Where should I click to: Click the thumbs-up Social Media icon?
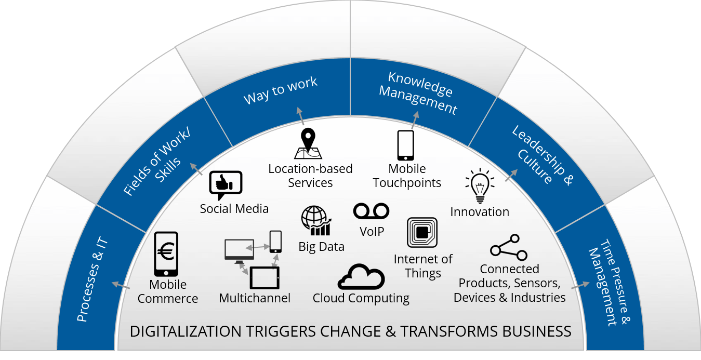pos(226,184)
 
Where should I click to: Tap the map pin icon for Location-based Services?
pos(308,143)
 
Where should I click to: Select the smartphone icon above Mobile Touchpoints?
pos(405,145)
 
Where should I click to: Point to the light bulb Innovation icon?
pos(480,186)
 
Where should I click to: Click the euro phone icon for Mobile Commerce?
pos(166,254)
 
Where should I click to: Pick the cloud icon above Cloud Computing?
pos(361,277)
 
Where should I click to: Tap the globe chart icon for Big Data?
pos(316,220)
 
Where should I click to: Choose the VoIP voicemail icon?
pos(371,211)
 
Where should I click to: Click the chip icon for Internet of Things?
pos(422,232)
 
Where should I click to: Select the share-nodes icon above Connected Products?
pos(509,247)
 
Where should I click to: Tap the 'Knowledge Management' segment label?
pos(418,93)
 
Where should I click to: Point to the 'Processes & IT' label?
pos(92,279)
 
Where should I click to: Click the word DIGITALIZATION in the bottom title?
pos(186,331)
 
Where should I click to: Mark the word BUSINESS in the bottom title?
pos(537,331)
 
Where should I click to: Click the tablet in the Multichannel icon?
pos(264,278)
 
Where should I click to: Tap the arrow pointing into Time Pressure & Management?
pos(580,286)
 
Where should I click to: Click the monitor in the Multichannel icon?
pos(239,251)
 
